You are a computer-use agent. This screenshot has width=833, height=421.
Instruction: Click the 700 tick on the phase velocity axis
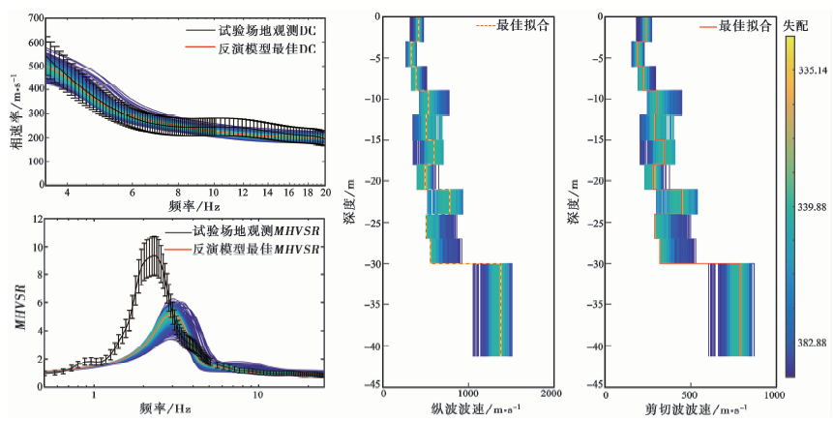tap(32, 17)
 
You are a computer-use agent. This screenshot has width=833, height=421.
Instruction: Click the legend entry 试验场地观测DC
tap(254, 29)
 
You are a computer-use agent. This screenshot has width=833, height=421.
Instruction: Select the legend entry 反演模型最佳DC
tap(254, 49)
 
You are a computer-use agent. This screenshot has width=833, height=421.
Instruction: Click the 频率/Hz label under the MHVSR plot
tap(161, 409)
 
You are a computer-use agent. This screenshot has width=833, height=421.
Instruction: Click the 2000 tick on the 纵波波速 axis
tap(551, 396)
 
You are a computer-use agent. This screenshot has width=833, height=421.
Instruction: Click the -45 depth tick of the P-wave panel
tap(371, 387)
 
